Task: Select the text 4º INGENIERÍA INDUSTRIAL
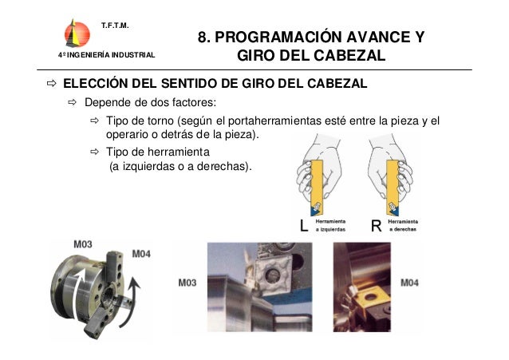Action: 101,54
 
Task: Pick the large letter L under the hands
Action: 303,226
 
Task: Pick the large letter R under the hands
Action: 377,226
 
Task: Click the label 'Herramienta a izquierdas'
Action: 332,226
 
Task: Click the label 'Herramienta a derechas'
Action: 404,226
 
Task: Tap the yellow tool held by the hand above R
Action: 393,184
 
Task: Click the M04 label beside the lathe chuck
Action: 141,254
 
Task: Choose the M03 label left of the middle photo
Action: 187,283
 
